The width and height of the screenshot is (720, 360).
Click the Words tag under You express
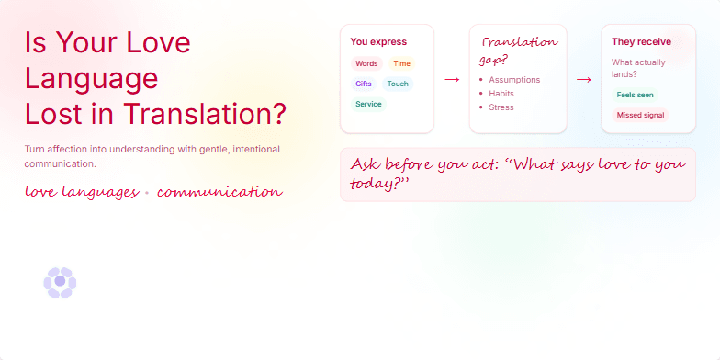[x=366, y=64]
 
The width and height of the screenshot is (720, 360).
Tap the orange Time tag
[x=401, y=64]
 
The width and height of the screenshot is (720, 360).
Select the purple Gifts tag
[x=364, y=84]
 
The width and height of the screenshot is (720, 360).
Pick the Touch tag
[x=398, y=84]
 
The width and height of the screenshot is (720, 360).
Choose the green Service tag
[x=368, y=105]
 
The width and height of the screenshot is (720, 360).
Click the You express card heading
[x=378, y=41]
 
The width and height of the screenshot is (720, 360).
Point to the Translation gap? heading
[x=518, y=51]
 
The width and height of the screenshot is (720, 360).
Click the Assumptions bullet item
[x=514, y=80]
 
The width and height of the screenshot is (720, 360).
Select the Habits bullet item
[x=501, y=94]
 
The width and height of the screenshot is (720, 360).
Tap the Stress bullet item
[x=501, y=107]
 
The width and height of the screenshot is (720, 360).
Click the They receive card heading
[x=641, y=41]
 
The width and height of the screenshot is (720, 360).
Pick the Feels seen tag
[x=636, y=95]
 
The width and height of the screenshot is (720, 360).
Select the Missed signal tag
[x=641, y=116]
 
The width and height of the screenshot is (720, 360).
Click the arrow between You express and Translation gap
[x=452, y=80]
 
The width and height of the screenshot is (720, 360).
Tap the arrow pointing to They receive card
[x=584, y=80]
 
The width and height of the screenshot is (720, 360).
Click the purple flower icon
[x=60, y=283]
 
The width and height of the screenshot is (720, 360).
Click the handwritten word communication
[x=219, y=192]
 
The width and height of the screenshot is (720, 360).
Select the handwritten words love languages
[x=81, y=192]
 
